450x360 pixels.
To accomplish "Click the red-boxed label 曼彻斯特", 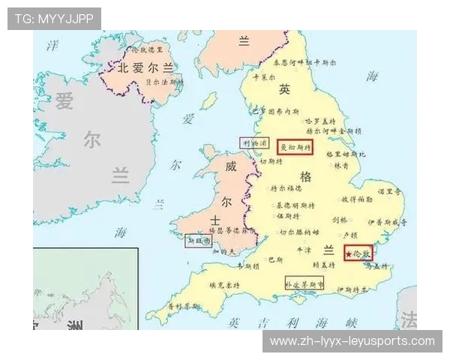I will point(295,147).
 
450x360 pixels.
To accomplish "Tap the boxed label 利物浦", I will point(253,142).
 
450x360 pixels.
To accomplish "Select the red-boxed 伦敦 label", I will point(360,254).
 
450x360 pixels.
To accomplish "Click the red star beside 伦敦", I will point(349,255).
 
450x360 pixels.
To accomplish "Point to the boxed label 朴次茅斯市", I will point(304,284).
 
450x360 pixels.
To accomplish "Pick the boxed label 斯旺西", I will point(198,241).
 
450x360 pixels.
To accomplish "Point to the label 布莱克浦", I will point(268,111).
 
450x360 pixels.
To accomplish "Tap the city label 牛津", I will point(303,250).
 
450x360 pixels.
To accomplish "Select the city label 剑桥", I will point(340,220).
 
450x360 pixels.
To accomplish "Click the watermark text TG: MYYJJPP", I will point(54,18).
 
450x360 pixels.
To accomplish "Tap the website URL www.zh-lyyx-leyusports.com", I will point(352,341).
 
